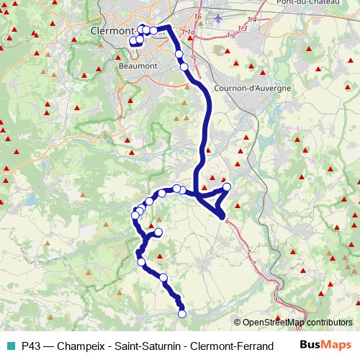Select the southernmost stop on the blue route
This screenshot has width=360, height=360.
click(x=182, y=313)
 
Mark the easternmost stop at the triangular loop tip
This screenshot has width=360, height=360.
click(x=228, y=187)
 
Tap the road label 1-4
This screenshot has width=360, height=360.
click(x=252, y=19)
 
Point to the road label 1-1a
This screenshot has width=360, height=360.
click(x=189, y=33)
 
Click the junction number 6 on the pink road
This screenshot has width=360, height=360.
click(x=227, y=221)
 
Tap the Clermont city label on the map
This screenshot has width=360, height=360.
click(x=115, y=32)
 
